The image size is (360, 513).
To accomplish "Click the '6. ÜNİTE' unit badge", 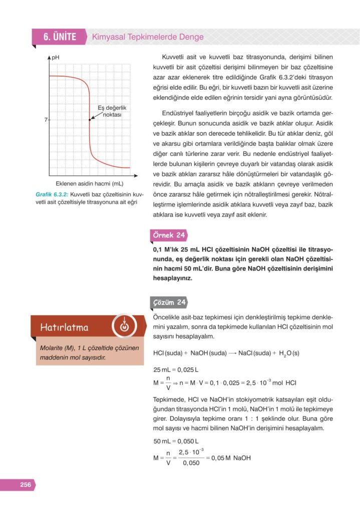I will [59, 37].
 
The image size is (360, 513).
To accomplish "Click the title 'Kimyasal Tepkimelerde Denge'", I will [148, 37].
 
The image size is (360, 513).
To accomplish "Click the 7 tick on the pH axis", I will [45, 120].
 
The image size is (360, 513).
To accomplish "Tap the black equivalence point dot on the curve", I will [90, 120].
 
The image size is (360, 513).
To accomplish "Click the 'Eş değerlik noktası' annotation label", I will [112, 110].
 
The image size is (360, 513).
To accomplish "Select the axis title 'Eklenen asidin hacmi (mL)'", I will [89, 184].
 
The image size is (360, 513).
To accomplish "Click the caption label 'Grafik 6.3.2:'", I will [52, 194].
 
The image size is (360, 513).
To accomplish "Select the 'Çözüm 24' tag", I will [169, 302].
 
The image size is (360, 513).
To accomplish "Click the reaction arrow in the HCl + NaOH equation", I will [232, 353].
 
